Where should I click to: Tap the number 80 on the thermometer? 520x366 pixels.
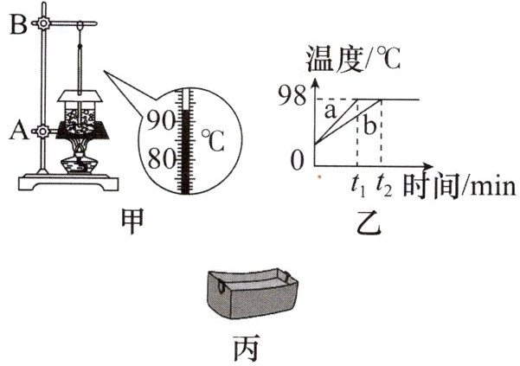(161, 158)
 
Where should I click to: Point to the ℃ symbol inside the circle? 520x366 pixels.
(211, 138)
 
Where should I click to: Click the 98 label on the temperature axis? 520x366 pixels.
(292, 95)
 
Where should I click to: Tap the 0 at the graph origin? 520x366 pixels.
(297, 161)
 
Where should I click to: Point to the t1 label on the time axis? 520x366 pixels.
(357, 184)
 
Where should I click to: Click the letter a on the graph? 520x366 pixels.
(329, 111)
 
